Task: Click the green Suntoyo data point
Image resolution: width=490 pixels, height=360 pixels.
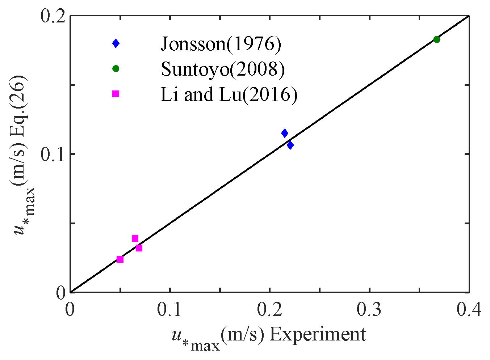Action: pyautogui.click(x=437, y=39)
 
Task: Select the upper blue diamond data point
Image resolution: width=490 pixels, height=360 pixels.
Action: pyautogui.click(x=285, y=133)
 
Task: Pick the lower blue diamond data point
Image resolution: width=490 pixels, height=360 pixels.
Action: pyautogui.click(x=290, y=145)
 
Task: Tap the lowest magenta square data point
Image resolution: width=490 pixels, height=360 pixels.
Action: pyautogui.click(x=120, y=259)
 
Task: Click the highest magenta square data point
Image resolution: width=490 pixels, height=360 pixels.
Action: pyautogui.click(x=135, y=238)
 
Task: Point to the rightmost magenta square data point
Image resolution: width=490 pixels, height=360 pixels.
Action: pyautogui.click(x=139, y=248)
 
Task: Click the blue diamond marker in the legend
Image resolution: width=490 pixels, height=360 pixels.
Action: pyautogui.click(x=116, y=43)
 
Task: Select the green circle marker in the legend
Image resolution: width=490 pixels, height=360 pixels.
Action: pyautogui.click(x=116, y=68)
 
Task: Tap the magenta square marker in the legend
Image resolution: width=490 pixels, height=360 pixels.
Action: pyautogui.click(x=116, y=94)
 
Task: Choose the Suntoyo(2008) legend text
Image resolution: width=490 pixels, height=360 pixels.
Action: pyautogui.click(x=223, y=69)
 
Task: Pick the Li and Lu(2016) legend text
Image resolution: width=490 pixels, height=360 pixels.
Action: pyautogui.click(x=229, y=94)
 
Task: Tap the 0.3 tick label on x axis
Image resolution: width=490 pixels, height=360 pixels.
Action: pyautogui.click(x=369, y=310)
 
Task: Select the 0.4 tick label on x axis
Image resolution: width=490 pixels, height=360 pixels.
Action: pyautogui.click(x=469, y=310)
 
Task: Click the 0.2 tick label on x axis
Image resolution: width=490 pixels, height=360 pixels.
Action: pyautogui.click(x=270, y=310)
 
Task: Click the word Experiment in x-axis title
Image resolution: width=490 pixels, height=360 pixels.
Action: pyautogui.click(x=318, y=335)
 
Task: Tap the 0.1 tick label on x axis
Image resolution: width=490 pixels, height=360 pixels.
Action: pyautogui.click(x=170, y=310)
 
